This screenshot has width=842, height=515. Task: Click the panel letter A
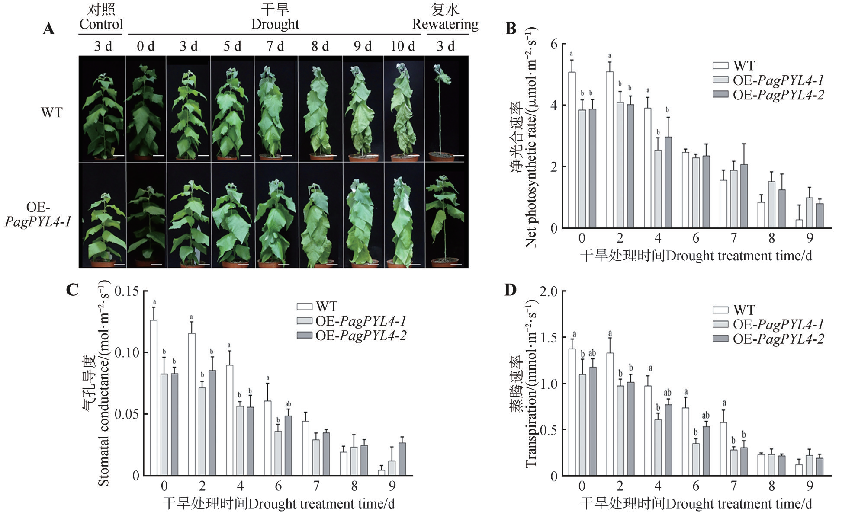coord(48,29)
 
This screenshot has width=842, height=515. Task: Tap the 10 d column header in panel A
coord(402,46)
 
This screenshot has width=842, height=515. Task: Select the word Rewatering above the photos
coord(445,24)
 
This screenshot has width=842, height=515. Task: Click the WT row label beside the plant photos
coord(51,113)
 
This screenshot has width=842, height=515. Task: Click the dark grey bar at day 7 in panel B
coord(744,196)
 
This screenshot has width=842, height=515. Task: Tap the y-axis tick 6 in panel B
coord(554,44)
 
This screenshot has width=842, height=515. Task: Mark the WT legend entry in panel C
coord(326,307)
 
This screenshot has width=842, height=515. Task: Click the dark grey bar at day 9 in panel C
coord(402,459)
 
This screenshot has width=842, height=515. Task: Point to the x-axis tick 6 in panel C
coord(278,486)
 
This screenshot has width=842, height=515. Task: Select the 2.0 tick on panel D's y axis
coord(548,291)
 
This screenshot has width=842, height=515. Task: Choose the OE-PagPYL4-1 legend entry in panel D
coord(778,324)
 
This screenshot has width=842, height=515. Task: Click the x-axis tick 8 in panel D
coord(771,486)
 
